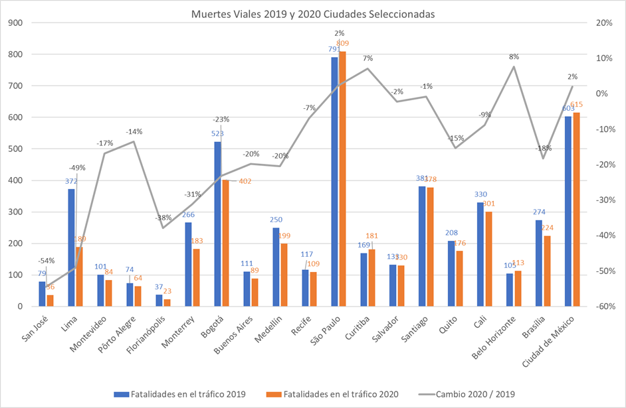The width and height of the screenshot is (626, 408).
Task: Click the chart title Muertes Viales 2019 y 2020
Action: [313, 13]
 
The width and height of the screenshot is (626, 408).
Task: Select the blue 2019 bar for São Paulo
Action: [335, 182]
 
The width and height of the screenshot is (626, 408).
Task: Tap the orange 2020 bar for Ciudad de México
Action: [576, 209]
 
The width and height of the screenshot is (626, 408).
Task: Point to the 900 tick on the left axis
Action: [15, 23]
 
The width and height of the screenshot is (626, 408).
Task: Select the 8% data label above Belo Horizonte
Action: [514, 56]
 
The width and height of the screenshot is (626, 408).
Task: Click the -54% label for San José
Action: [46, 260]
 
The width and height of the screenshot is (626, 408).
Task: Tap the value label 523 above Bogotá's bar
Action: [217, 133]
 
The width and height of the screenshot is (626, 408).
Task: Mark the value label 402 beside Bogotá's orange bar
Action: [246, 180]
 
